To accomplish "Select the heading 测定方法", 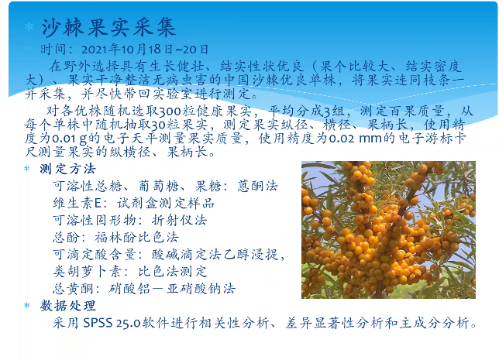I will [x=68, y=169].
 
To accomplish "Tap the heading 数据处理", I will [x=68, y=306].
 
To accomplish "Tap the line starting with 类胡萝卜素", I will [x=129, y=271].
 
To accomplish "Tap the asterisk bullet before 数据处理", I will [x=28, y=307].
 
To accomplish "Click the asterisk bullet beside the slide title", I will [x=29, y=29].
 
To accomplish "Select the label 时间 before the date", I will [x=53, y=49].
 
